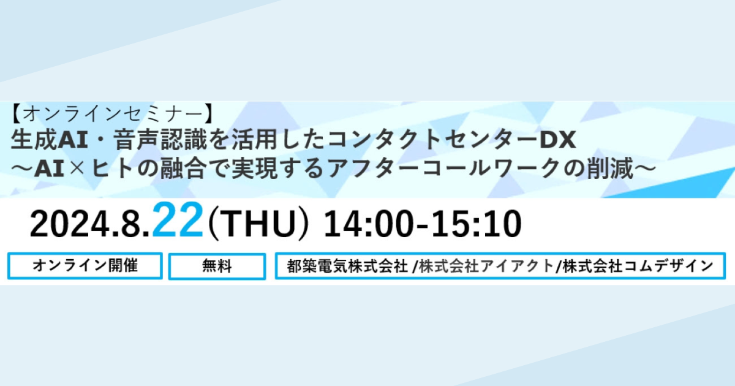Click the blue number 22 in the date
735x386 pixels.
click(178, 220)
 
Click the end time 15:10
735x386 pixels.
click(476, 224)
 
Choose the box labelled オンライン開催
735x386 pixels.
click(85, 266)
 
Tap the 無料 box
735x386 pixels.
click(217, 266)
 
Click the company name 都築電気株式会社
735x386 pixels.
click(347, 266)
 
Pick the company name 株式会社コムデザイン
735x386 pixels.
click(638, 266)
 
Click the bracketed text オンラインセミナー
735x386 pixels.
click(113, 114)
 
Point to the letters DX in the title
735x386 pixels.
click(557, 140)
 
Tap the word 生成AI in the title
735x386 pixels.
click(49, 140)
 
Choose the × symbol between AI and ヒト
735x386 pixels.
click(77, 169)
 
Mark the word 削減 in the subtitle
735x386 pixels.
click(610, 168)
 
